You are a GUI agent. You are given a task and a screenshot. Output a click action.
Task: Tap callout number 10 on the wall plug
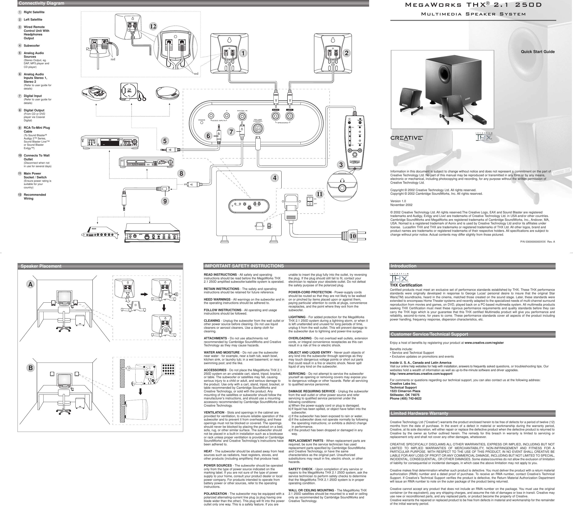coord(353,236)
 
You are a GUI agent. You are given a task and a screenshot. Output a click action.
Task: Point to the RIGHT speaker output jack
coord(276,116)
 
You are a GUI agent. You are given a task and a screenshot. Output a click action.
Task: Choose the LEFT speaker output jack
coord(290,116)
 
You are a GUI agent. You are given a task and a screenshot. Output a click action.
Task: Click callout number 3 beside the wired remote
coord(341,165)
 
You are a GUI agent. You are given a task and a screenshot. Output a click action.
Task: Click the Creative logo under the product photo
coord(406,138)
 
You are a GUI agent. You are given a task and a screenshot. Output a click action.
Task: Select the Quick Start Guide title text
coord(538,52)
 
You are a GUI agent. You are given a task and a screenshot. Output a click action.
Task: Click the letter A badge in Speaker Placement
coord(30,284)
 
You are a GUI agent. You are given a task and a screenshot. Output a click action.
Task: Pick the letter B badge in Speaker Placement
coord(30,368)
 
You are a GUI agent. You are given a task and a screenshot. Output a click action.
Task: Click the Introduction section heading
coord(403,266)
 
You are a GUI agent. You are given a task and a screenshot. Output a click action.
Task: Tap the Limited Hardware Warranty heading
coord(419,413)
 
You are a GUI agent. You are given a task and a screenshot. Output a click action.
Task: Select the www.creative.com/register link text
coord(484,343)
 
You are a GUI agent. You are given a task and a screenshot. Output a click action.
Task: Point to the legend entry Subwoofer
coord(32,46)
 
